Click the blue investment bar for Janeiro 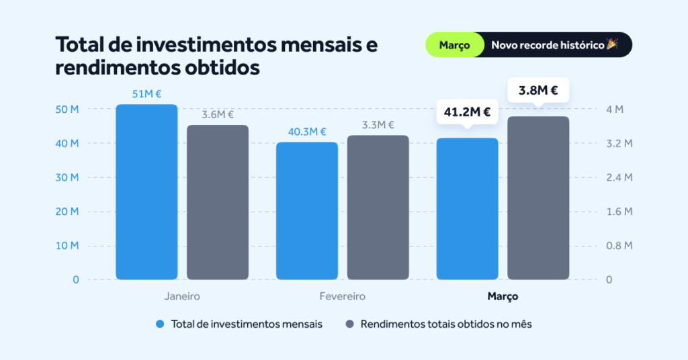click(x=146, y=192)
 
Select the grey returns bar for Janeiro click(x=218, y=202)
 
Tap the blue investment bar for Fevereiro click(x=307, y=211)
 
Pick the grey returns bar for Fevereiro click(x=378, y=208)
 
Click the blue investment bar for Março click(x=468, y=209)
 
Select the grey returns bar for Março click(x=538, y=198)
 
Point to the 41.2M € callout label click(x=468, y=111)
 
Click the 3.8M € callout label click(x=538, y=90)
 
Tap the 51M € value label click(x=146, y=94)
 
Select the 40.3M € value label click(x=307, y=132)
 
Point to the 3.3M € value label click(x=378, y=125)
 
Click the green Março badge click(x=454, y=45)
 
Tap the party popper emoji click(x=611, y=44)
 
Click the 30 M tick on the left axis click(x=66, y=177)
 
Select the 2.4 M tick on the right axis click(x=619, y=177)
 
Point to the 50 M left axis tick click(x=66, y=109)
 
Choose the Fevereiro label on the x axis click(x=343, y=296)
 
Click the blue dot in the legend click(x=160, y=324)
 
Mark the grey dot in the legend click(x=349, y=324)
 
